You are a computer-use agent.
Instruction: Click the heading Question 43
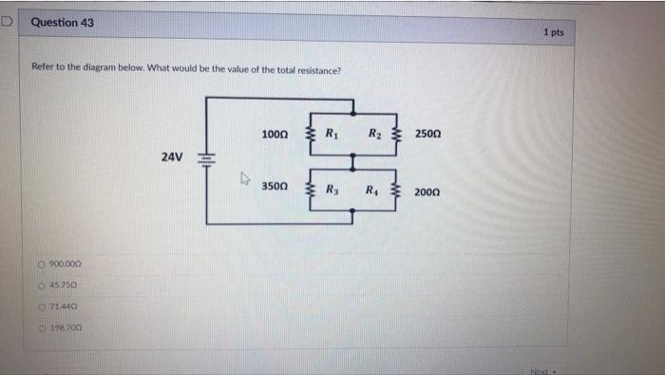(x=62, y=22)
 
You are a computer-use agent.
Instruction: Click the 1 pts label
(x=553, y=32)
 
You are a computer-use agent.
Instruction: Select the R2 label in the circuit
(x=375, y=134)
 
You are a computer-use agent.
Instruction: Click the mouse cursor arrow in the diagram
(x=245, y=177)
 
